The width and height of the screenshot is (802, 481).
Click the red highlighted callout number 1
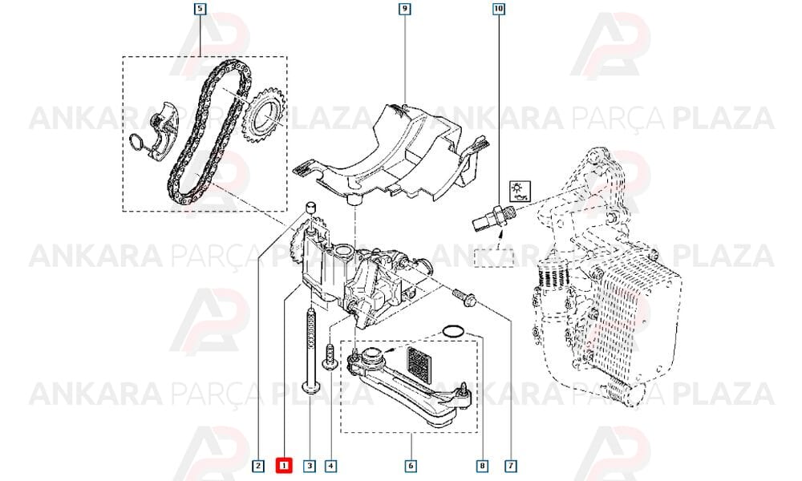point(283,466)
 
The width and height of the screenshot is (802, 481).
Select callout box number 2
point(258,466)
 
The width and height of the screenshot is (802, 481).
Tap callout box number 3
point(309,466)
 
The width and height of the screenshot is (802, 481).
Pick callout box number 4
point(331,466)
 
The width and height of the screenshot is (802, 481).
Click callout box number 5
point(200,9)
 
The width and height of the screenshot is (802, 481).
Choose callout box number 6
point(411,466)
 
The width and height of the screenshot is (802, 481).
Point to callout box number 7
point(510,466)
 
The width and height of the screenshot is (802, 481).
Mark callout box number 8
point(482,466)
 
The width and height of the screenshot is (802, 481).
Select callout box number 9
point(404,9)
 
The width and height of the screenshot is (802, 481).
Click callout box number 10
point(498,9)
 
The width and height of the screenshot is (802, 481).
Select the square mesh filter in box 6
point(419,363)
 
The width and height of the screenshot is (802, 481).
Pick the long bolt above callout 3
point(310,352)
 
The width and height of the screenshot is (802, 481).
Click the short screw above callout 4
point(330,356)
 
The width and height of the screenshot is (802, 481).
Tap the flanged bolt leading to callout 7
point(464,297)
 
